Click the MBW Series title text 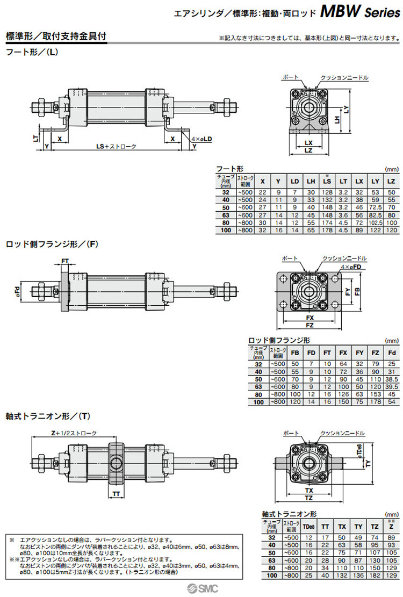pos(360,12)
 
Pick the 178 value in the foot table pos(326,230)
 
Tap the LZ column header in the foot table pos(391,182)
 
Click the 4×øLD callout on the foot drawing pos(201,139)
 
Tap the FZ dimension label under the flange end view pos(310,326)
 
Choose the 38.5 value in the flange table pos(392,379)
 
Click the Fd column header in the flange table pos(392,353)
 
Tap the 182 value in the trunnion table pos(375,576)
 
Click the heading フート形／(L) pos(31,53)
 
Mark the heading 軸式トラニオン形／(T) pos(47,415)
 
